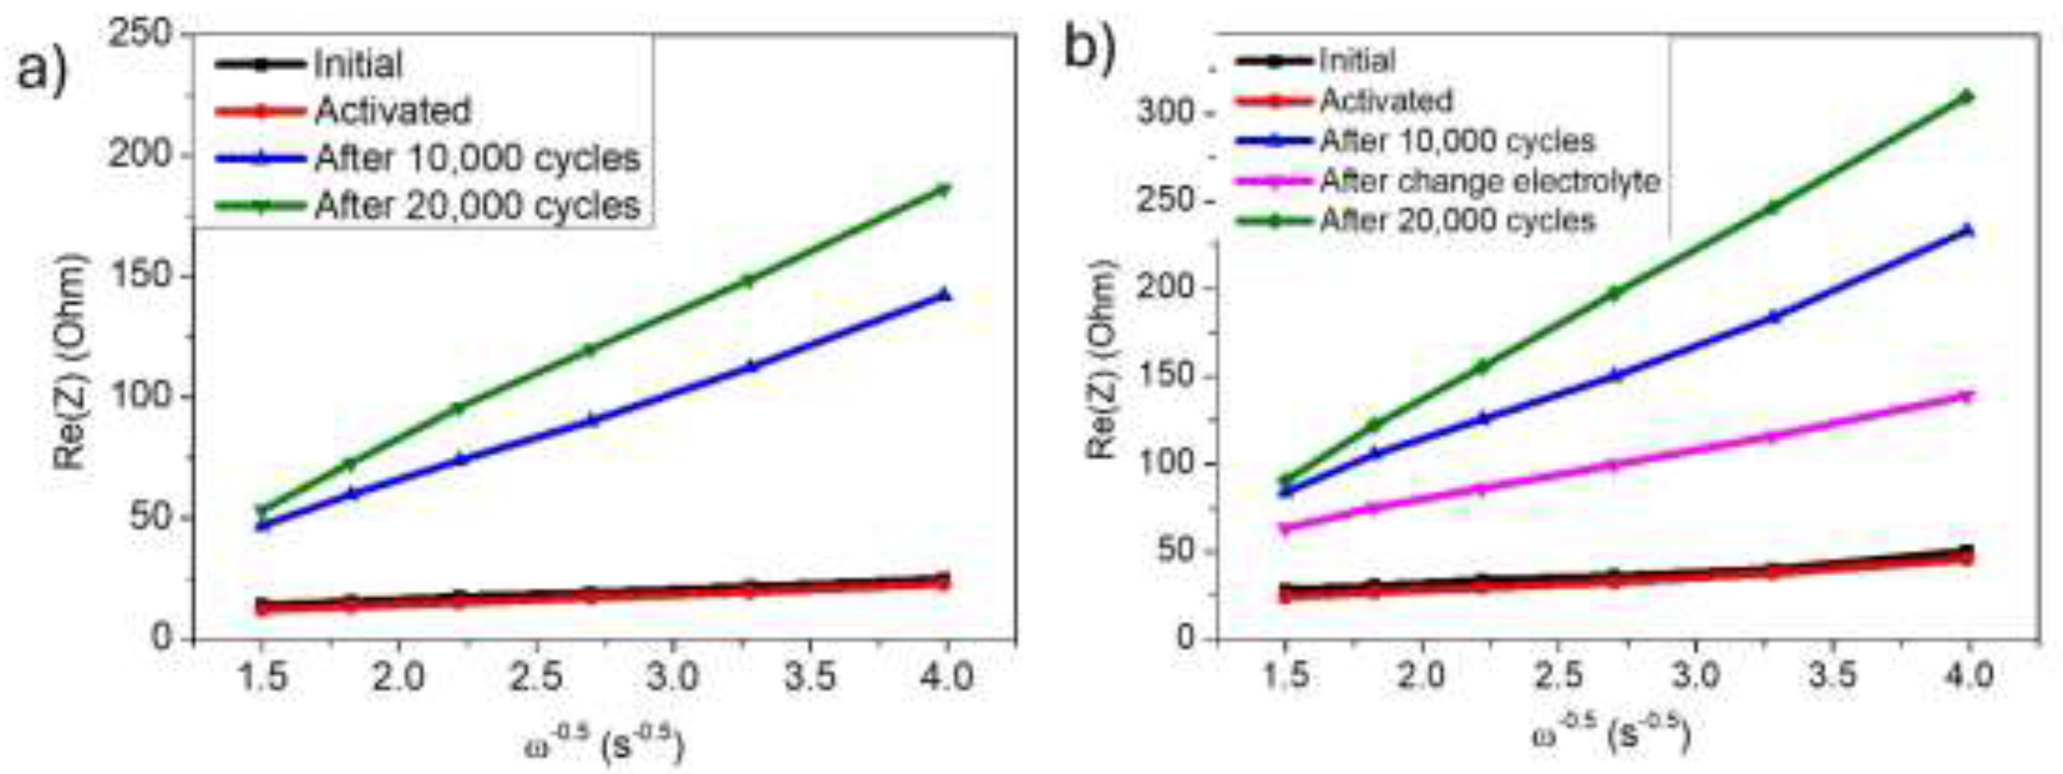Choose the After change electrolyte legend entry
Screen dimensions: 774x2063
click(1489, 181)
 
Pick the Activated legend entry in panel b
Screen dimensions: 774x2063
click(1385, 101)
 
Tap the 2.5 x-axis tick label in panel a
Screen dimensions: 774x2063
click(537, 677)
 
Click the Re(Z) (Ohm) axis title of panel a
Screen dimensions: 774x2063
click(70, 361)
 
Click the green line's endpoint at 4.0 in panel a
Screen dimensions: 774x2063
click(945, 190)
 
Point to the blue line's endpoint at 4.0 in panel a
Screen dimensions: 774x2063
click(945, 295)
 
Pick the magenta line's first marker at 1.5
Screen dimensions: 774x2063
click(1285, 528)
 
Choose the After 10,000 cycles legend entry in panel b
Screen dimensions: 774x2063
click(1458, 142)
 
